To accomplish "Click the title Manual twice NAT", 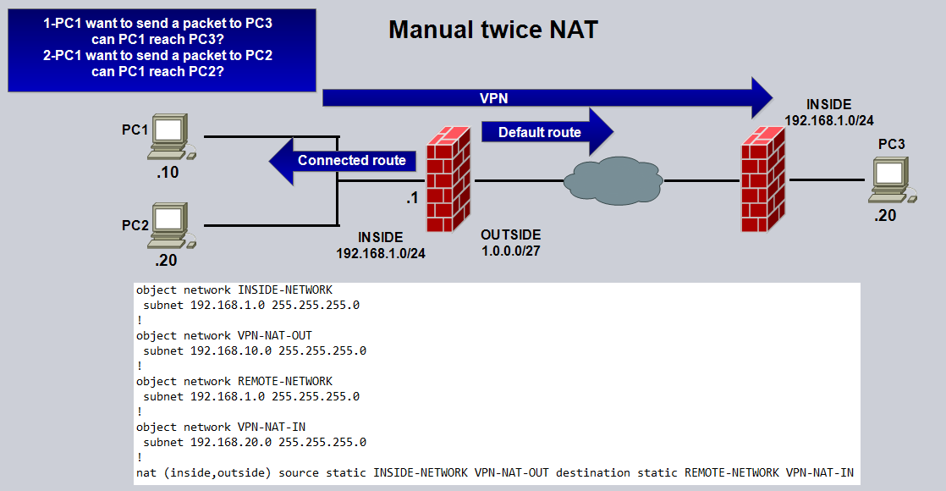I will click(x=493, y=30).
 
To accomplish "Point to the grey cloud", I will click(x=613, y=179).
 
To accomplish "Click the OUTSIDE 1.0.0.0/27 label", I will click(x=511, y=242).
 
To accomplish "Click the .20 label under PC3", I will click(x=885, y=216).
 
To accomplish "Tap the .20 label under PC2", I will click(x=166, y=260).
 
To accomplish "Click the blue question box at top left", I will click(x=162, y=49).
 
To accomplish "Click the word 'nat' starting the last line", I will click(x=145, y=472).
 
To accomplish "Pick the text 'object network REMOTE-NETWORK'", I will click(x=234, y=381).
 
